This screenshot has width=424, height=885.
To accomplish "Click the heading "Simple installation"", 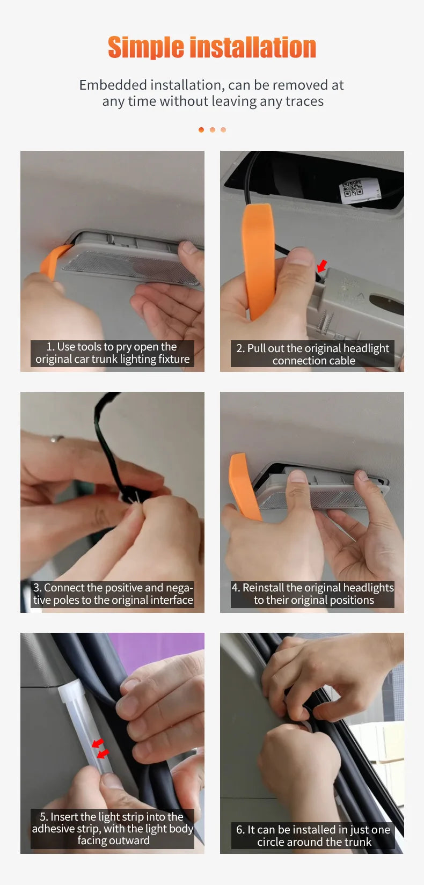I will [212, 47].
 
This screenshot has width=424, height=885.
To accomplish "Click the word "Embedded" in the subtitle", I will [113, 85].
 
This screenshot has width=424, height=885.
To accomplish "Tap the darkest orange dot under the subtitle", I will [201, 130].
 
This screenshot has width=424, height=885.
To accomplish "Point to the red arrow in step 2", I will [321, 265].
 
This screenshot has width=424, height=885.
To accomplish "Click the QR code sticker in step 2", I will [352, 189].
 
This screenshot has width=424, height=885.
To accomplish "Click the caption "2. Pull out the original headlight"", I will [312, 348].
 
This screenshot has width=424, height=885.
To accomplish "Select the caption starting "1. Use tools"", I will [112, 353].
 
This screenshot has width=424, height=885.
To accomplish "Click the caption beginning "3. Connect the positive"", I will [113, 594].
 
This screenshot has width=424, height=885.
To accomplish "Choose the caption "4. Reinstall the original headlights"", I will [312, 588].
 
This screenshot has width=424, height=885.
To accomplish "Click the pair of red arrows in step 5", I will [100, 748].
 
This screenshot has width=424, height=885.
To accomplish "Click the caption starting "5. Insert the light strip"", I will [112, 828].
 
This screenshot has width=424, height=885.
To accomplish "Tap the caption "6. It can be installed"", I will [313, 836].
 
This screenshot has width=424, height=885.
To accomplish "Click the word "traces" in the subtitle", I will [304, 101].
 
